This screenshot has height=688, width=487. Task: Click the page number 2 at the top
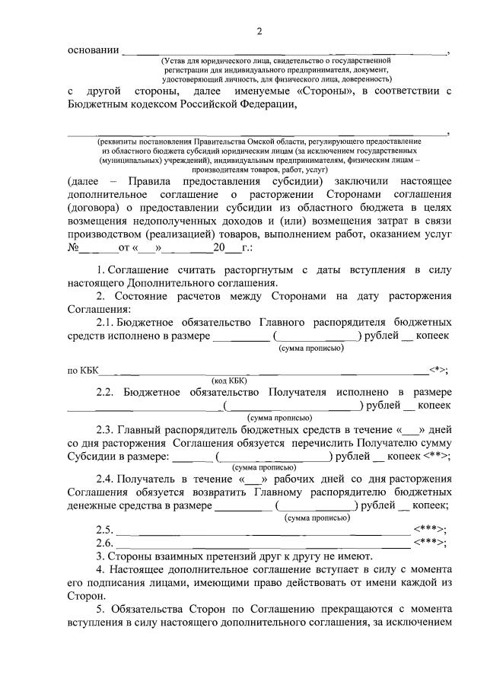(259, 31)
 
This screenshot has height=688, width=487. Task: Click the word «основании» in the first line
(93, 51)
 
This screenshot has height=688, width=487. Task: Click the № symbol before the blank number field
(74, 249)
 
